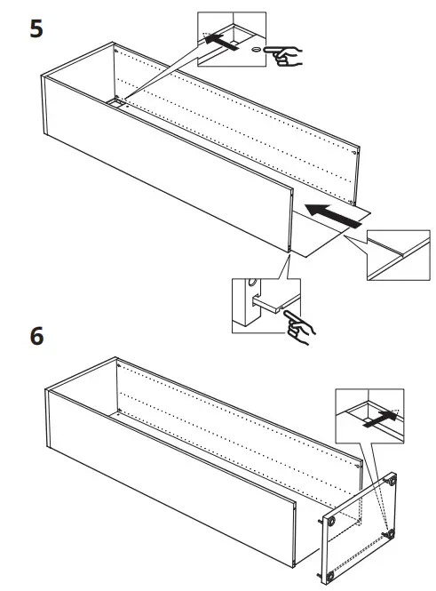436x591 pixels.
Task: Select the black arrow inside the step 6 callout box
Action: tap(383, 414)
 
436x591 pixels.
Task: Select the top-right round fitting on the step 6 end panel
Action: tap(388, 481)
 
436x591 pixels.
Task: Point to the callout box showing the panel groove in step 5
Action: tap(400, 253)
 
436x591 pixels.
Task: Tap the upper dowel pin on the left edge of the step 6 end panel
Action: tap(322, 526)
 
